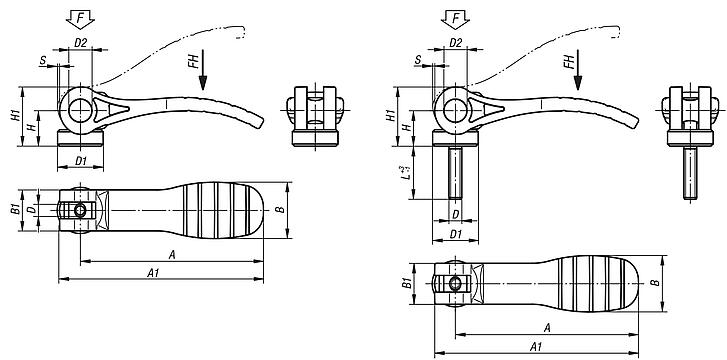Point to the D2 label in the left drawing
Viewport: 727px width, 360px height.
tap(82, 43)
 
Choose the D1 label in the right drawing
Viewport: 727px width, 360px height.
tap(455, 234)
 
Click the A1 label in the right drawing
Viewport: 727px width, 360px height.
tap(535, 346)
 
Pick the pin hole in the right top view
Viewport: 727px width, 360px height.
tap(455, 285)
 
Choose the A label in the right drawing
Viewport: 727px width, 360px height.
tap(548, 328)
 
